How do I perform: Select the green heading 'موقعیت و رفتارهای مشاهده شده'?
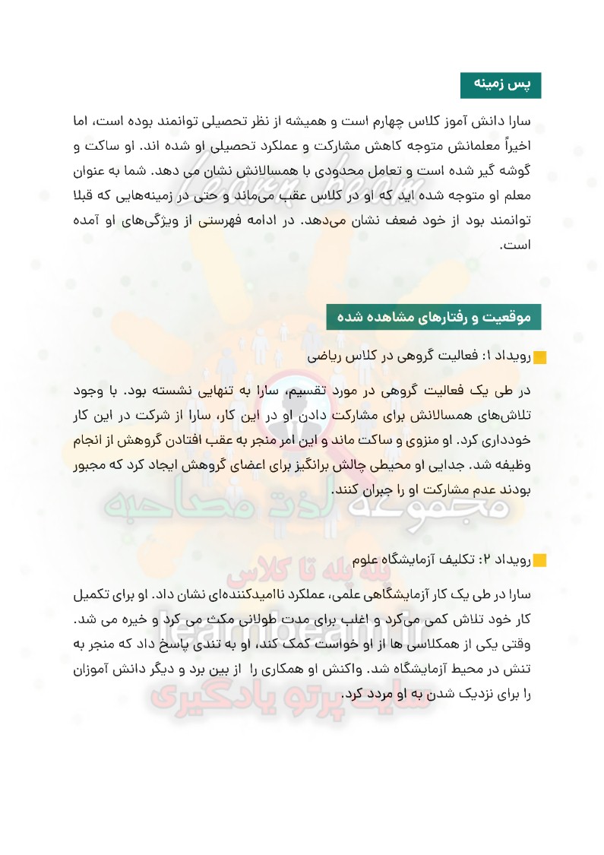[x=433, y=317]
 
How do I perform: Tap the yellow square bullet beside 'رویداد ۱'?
[x=539, y=357]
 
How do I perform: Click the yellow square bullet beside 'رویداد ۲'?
[x=539, y=561]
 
